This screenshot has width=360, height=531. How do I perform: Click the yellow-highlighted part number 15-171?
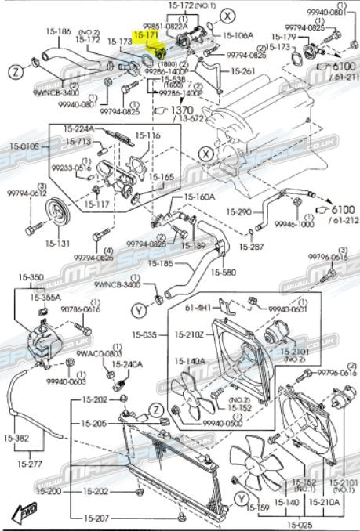pos(146,35)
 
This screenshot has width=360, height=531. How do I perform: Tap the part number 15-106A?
pos(238,35)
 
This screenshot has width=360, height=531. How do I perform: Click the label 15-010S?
pos(24,146)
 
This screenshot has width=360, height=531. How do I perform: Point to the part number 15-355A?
pos(47,298)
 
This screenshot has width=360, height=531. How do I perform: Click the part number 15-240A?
pos(127,364)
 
